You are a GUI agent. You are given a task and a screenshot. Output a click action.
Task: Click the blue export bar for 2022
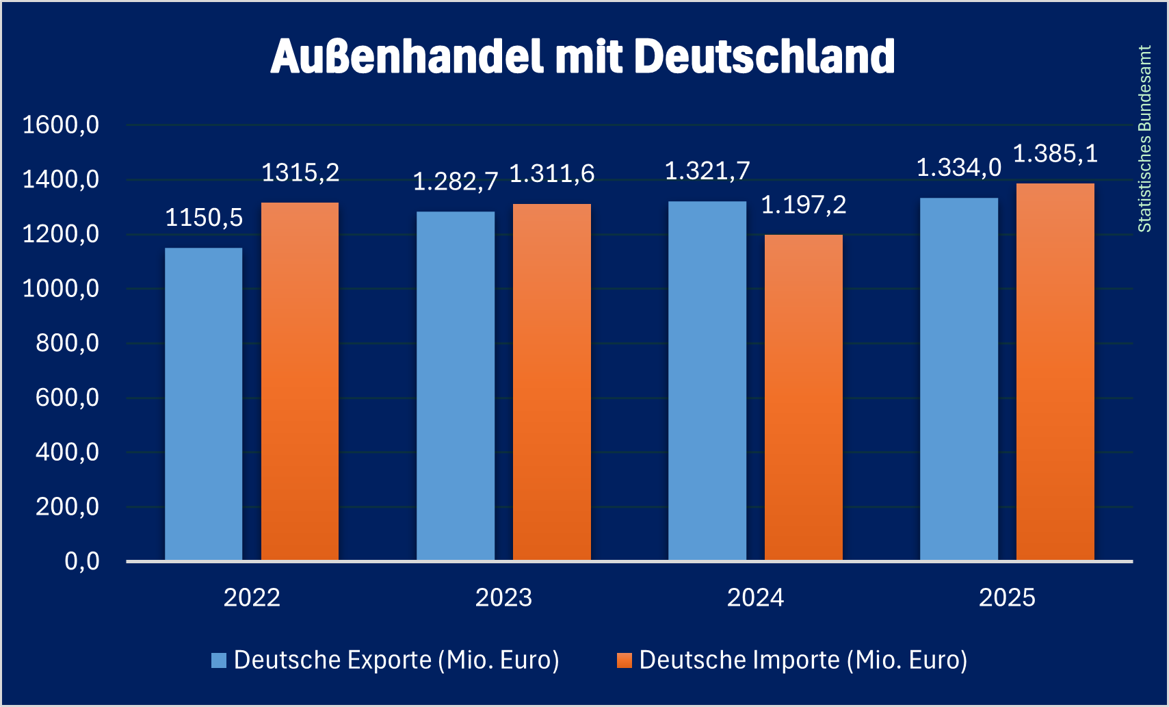203,404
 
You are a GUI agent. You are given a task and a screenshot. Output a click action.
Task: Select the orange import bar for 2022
300,381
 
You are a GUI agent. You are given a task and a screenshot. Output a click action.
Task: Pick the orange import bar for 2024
803,398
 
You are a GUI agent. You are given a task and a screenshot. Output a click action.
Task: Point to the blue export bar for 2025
958,379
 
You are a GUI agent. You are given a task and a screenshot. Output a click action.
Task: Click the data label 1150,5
204,218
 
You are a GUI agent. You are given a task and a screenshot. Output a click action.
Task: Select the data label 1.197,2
804,205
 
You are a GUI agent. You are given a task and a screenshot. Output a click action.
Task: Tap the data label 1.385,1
1055,154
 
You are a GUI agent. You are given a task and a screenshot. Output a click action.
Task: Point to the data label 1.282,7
456,182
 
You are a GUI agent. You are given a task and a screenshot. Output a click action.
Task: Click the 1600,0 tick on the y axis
61,125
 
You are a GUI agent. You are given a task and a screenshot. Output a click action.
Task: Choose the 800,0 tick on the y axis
67,343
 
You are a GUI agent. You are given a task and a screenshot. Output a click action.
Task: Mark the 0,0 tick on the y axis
81,561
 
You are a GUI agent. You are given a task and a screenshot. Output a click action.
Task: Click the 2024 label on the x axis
755,597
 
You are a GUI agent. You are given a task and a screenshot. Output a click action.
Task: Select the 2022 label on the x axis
252,597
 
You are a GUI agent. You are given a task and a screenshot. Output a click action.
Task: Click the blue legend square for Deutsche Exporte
219,660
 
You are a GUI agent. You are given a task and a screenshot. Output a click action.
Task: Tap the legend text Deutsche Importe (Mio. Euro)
803,660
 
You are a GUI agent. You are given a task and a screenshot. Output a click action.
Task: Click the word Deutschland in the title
764,56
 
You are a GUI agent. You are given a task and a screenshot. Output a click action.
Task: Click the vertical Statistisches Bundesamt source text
1144,139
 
